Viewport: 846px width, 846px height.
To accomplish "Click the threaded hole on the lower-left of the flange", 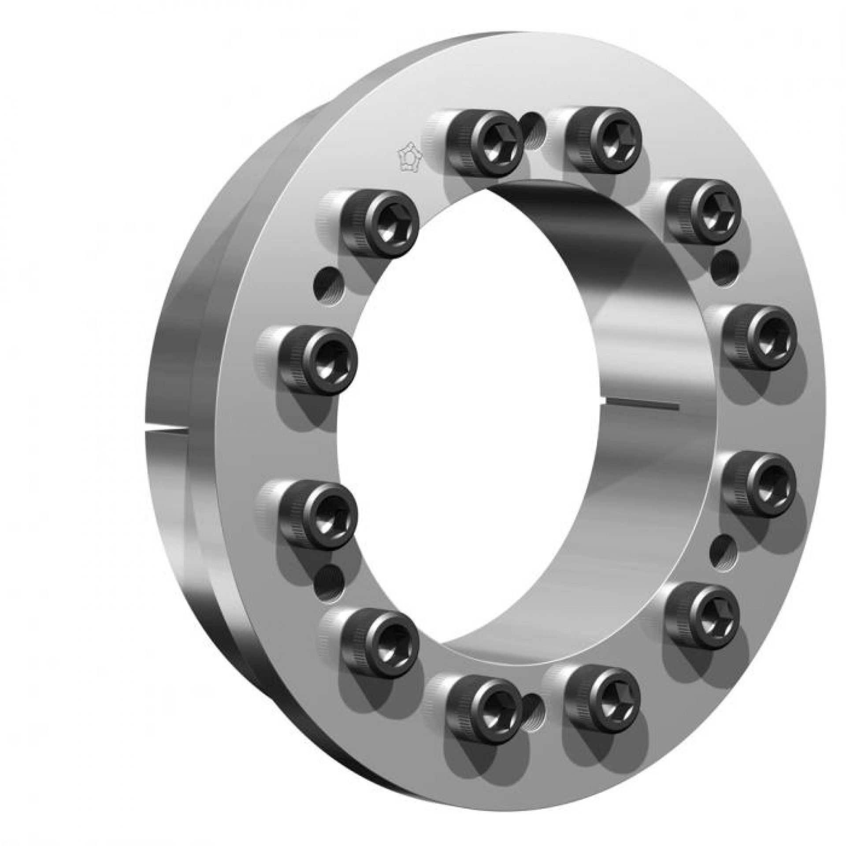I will tap(328, 580).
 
